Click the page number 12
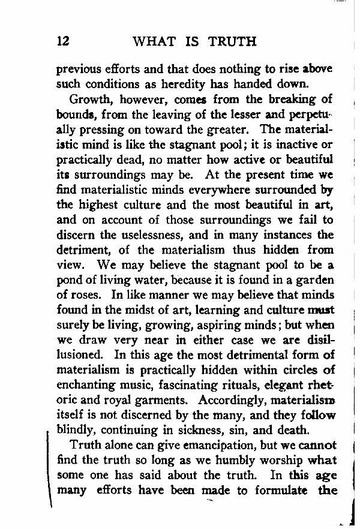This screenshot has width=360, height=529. pyautogui.click(x=63, y=41)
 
